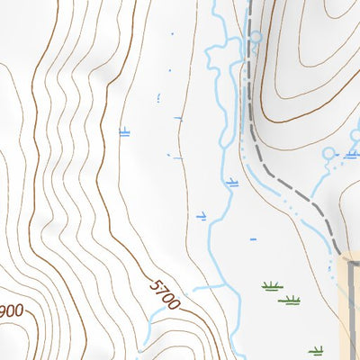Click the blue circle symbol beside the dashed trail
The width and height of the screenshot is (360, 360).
(255, 38)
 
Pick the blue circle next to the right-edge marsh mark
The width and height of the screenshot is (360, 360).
(328, 154)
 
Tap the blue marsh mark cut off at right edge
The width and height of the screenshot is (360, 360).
(352, 154)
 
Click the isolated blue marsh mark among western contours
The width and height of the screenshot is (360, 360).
(124, 132)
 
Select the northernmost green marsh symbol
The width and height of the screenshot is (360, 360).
(271, 286)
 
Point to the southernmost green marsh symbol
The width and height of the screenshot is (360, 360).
(315, 350)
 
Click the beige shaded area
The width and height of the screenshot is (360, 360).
(352, 306)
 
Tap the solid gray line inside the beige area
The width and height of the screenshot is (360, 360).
(346, 306)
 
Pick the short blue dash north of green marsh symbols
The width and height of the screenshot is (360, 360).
(253, 239)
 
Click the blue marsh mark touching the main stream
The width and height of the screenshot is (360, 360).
(232, 183)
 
